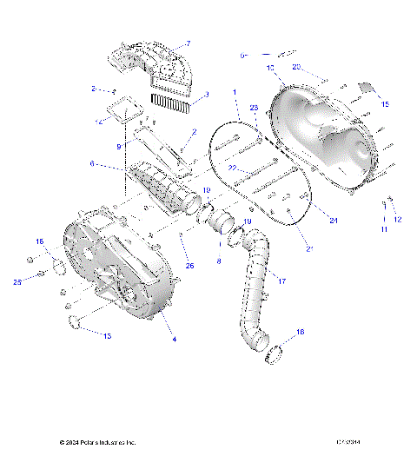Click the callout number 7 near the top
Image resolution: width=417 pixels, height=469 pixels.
point(189,43)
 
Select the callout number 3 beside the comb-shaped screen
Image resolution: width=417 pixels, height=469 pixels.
point(206,96)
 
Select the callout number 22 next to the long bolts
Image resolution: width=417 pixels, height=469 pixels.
point(233,167)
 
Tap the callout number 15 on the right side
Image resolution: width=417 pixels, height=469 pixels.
point(386,104)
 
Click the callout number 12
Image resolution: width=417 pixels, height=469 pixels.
point(398,220)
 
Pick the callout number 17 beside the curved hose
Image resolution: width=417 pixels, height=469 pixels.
point(281,279)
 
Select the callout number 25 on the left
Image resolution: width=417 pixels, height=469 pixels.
point(17,281)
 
